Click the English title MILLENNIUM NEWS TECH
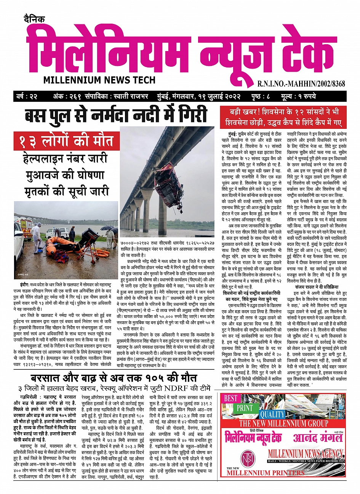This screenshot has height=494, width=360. [99, 80]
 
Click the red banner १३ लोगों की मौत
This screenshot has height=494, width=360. [64, 141]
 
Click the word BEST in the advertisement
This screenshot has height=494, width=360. [230, 398]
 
